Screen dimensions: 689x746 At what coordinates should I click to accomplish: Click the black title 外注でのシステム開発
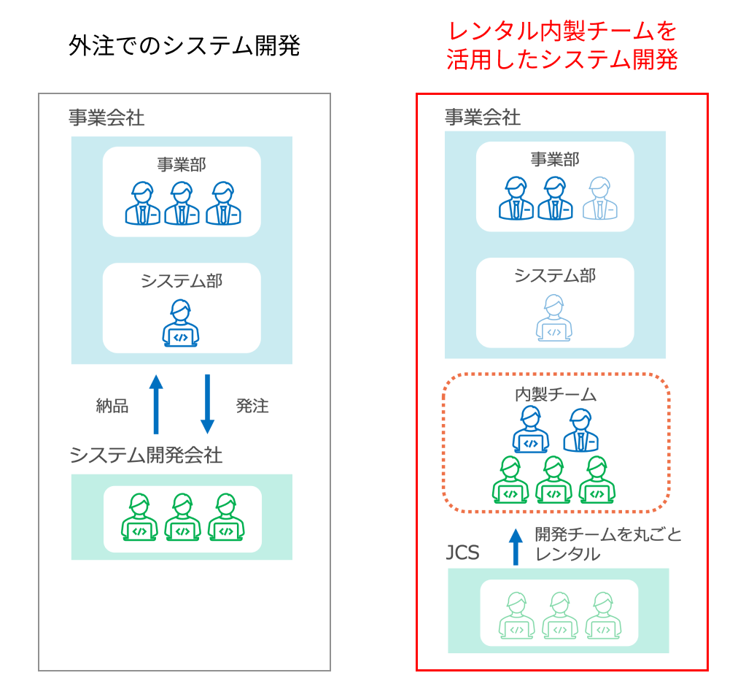(184, 46)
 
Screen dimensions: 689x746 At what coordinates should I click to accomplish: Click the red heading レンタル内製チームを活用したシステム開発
(562, 45)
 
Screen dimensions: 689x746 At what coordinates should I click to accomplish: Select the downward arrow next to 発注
(207, 404)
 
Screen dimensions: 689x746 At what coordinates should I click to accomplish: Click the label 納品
(112, 407)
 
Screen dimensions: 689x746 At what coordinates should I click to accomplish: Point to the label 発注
(252, 407)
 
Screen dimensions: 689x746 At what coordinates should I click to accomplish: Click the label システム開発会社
(146, 455)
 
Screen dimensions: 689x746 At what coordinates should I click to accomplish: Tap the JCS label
(462, 553)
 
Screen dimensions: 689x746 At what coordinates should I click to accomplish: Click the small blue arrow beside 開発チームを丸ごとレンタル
(516, 547)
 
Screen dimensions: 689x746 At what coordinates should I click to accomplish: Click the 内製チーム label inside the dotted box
(556, 395)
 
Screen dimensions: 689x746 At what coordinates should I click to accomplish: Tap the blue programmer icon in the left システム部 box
(180, 323)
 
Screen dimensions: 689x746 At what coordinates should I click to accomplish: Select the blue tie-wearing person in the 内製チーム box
(580, 431)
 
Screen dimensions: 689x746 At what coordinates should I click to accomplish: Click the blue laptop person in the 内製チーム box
(531, 431)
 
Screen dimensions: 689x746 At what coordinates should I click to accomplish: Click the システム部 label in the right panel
(554, 275)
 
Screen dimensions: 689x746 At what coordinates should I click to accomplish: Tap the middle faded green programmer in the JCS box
(559, 615)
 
